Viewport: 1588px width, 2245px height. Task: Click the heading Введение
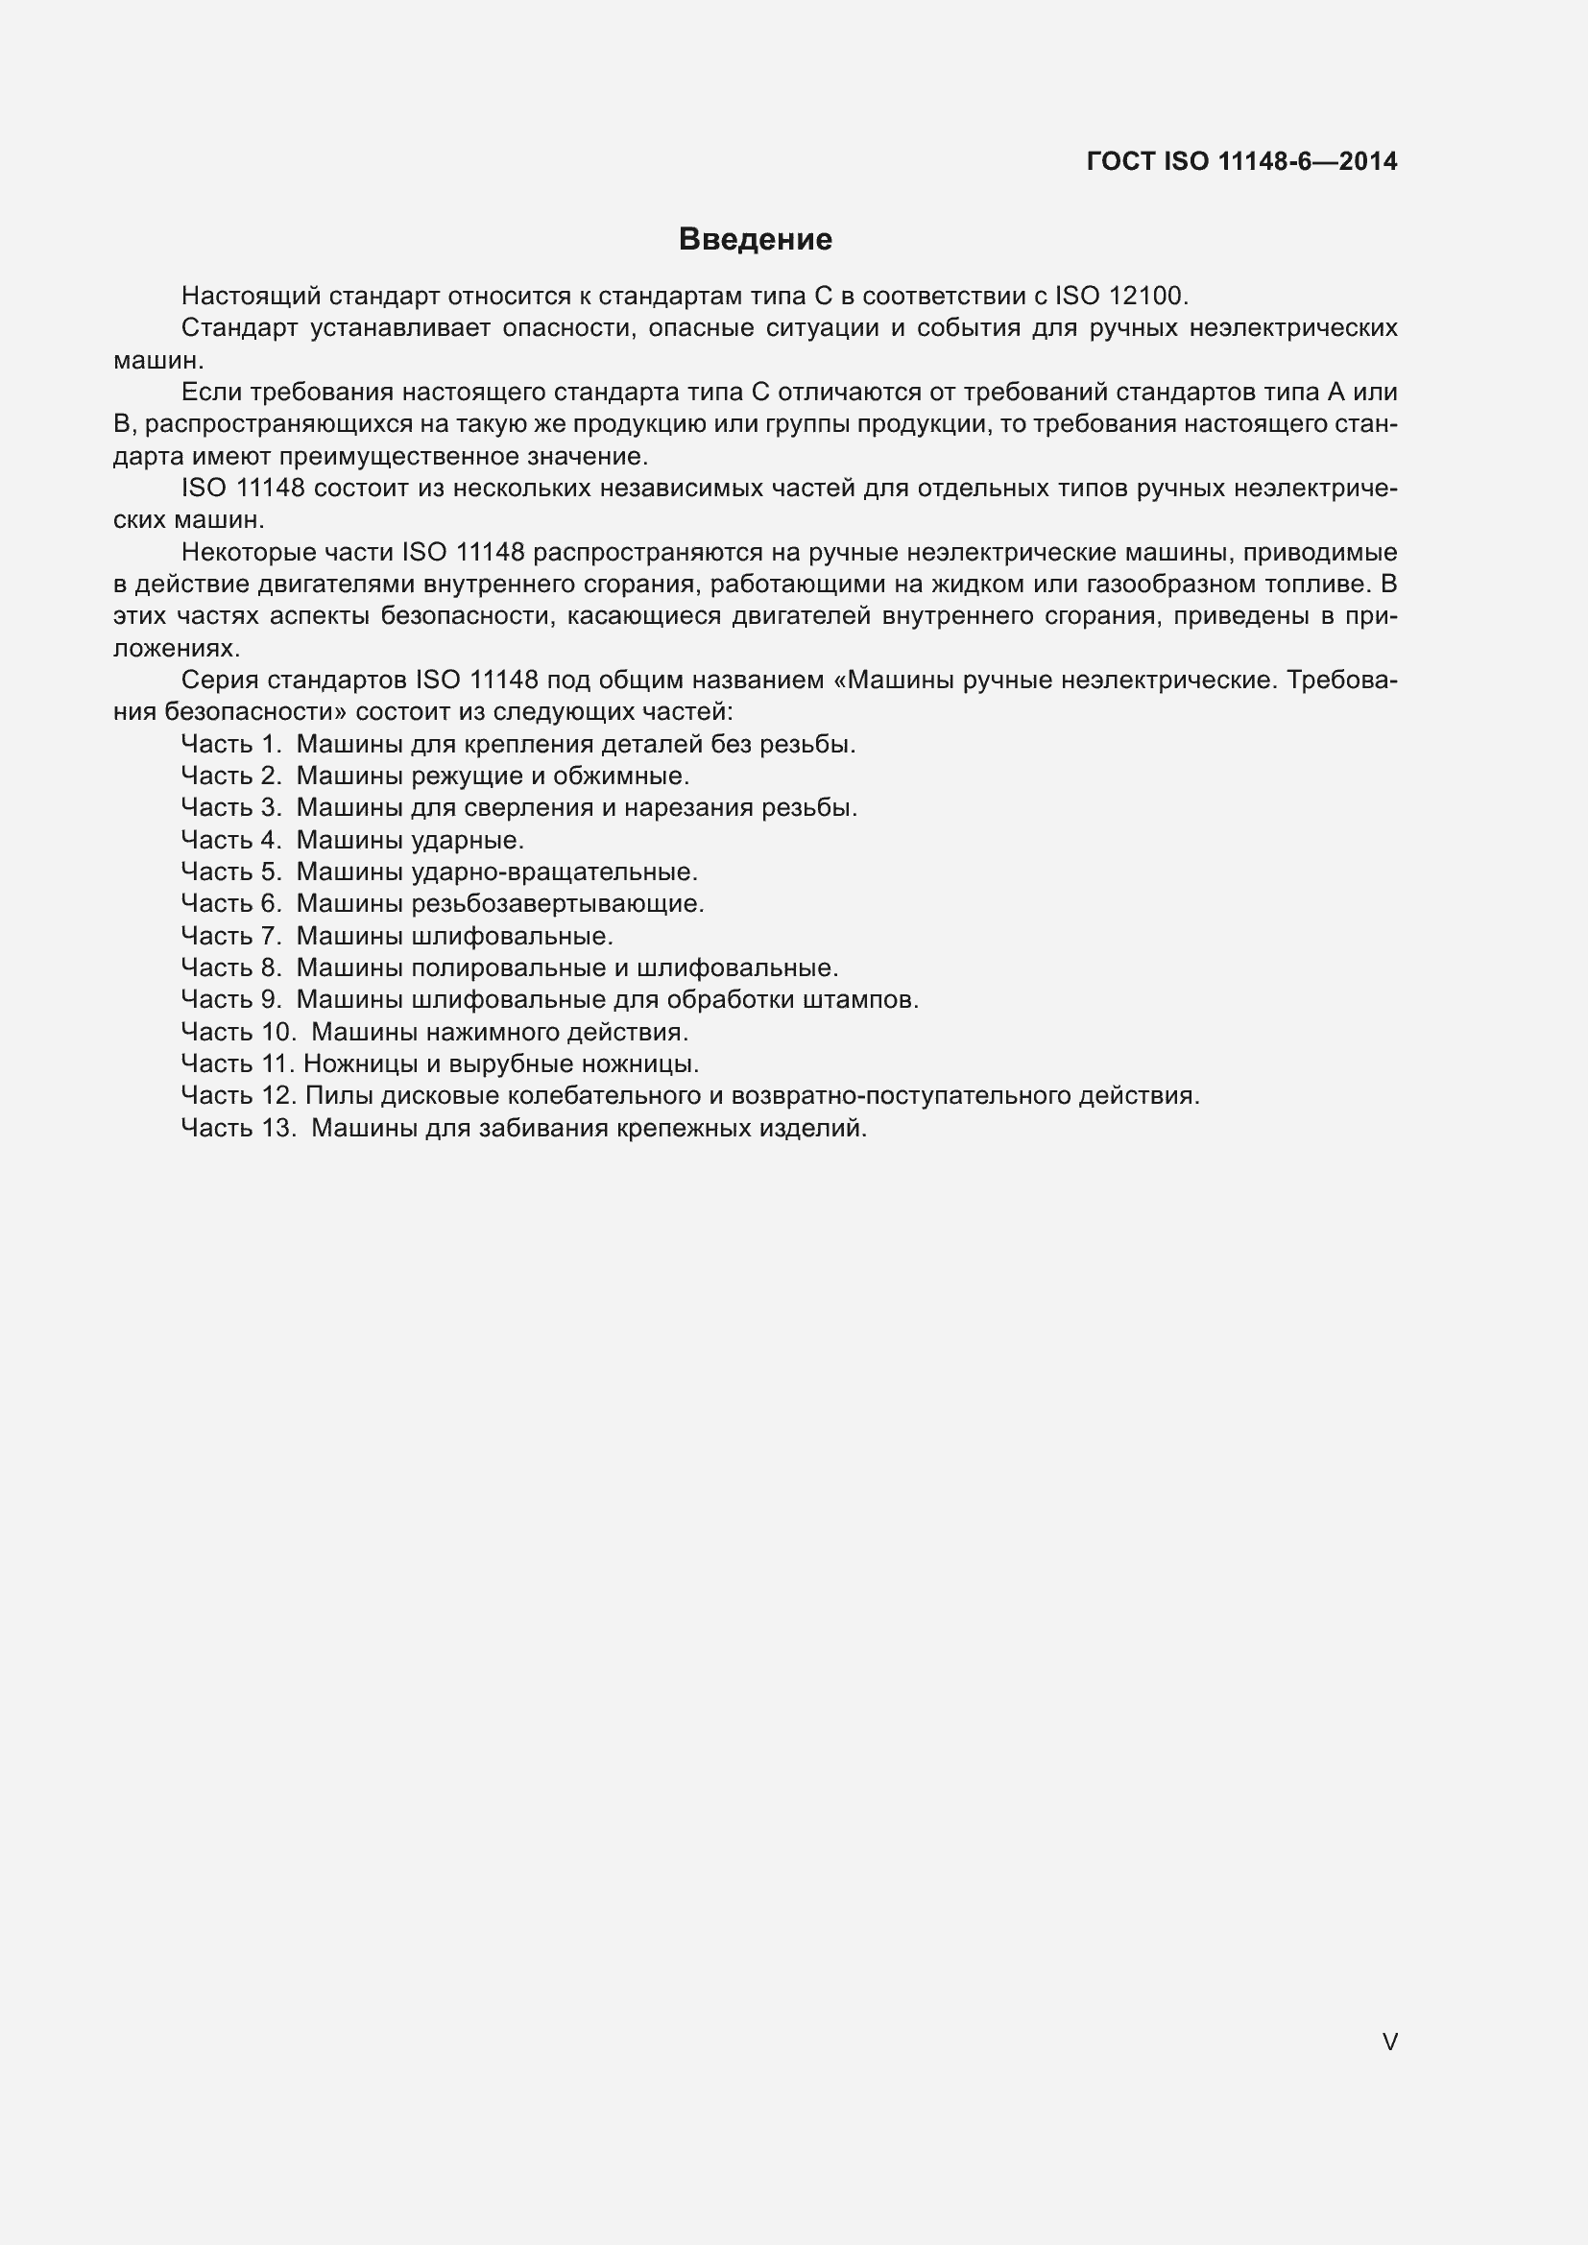point(755,240)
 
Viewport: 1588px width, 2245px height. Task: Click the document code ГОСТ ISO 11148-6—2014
point(1240,162)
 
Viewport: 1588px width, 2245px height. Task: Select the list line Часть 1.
point(518,744)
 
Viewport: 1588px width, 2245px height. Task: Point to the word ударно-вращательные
point(554,872)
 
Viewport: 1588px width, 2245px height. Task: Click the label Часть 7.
point(231,936)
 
